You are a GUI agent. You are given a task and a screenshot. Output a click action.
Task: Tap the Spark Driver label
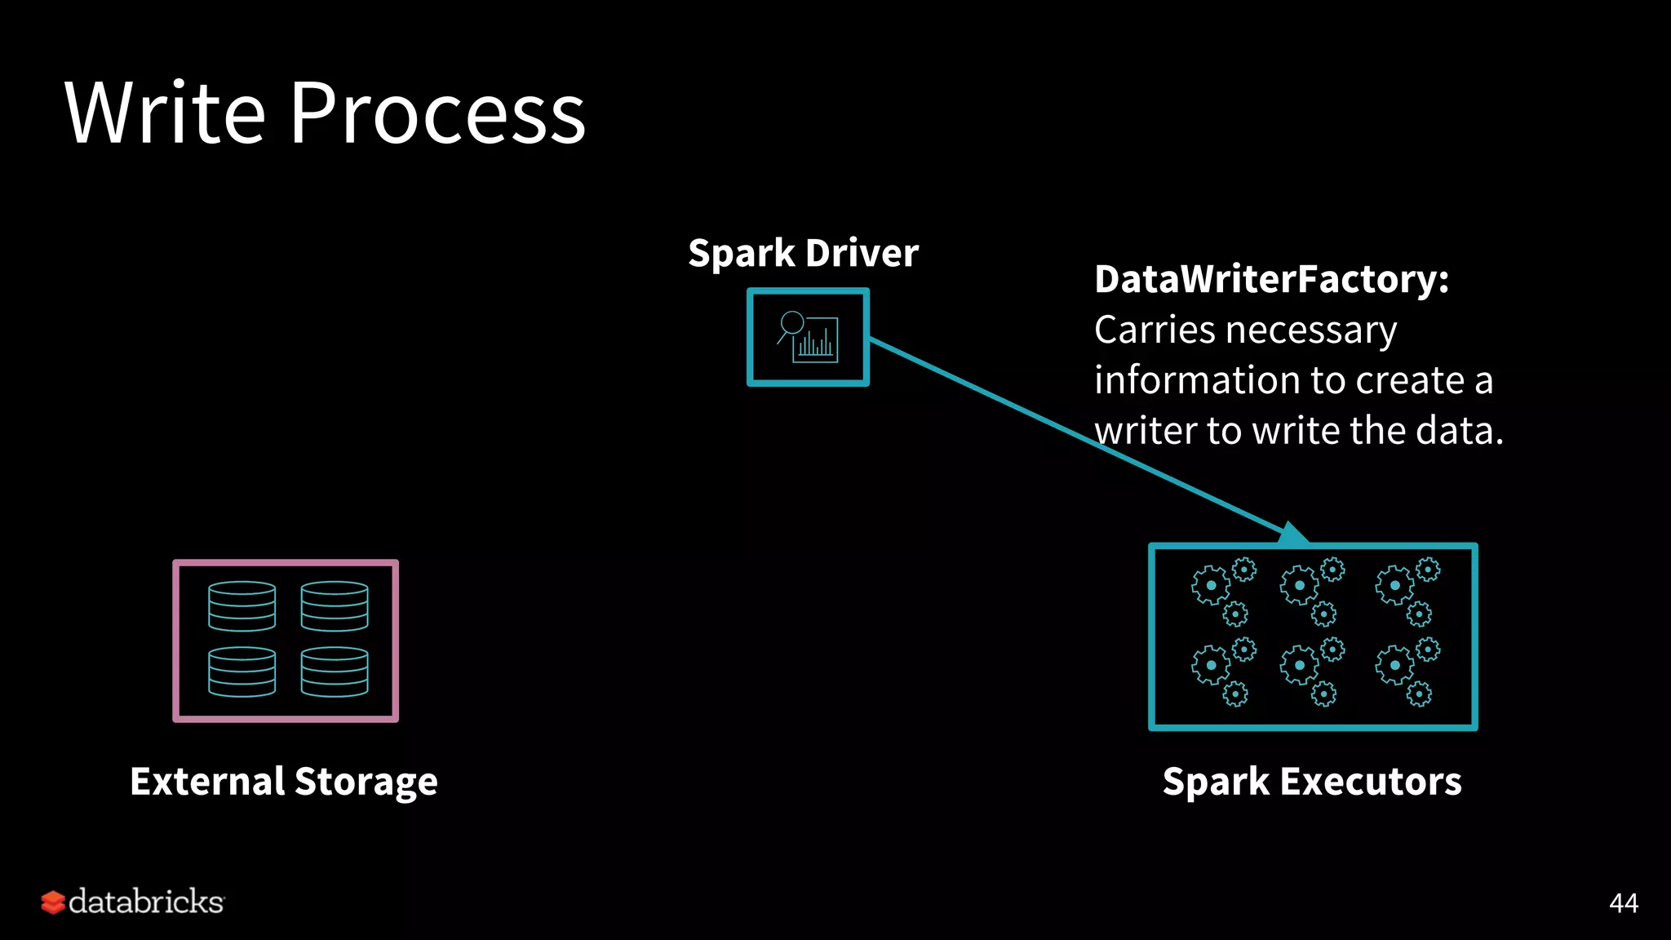803,253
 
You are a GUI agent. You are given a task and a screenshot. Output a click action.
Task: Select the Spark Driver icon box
808,337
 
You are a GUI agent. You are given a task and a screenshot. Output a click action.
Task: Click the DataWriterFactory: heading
1271,279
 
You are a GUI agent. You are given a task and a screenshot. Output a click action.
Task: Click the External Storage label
284,781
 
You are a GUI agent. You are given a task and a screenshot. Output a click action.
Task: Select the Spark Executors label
1312,781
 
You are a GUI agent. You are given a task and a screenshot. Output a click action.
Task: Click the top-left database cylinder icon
242,606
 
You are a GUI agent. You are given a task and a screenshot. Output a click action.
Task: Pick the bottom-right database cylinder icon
335,672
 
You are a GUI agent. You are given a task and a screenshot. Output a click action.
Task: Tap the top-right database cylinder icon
335,606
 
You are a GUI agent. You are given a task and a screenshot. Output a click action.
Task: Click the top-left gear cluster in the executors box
1224,592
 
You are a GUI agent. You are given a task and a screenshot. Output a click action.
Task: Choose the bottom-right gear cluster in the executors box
1407,672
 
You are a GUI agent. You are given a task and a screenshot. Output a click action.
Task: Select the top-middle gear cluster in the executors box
1312,592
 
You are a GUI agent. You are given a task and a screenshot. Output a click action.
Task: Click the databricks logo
132,902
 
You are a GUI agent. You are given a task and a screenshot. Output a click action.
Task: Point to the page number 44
1623,902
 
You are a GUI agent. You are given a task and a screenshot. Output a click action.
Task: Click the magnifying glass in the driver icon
791,324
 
